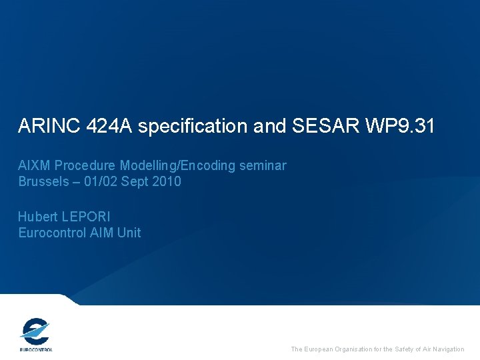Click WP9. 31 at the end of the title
pyautogui.click(x=399, y=126)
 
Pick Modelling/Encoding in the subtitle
pyautogui.click(x=173, y=165)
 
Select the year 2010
pyautogui.click(x=166, y=181)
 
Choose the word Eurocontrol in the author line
pyautogui.click(x=52, y=233)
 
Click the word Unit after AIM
pyautogui.click(x=129, y=233)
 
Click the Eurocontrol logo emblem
pyautogui.click(x=35, y=331)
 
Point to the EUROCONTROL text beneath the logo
pyautogui.click(x=35, y=349)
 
